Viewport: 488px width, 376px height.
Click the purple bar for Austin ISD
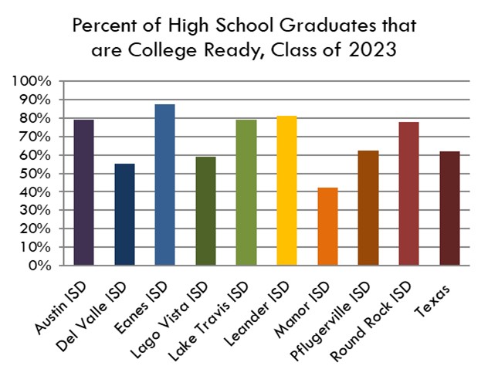pyautogui.click(x=84, y=193)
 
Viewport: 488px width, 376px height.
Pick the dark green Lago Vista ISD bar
pyautogui.click(x=205, y=211)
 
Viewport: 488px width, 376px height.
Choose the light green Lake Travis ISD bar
pyautogui.click(x=246, y=193)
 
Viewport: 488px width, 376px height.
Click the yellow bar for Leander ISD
pyautogui.click(x=286, y=191)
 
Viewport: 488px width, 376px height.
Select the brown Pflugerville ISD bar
pyautogui.click(x=368, y=208)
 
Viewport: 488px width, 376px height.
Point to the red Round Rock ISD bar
pyautogui.click(x=408, y=194)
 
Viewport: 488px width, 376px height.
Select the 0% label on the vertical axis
pyautogui.click(x=40, y=266)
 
